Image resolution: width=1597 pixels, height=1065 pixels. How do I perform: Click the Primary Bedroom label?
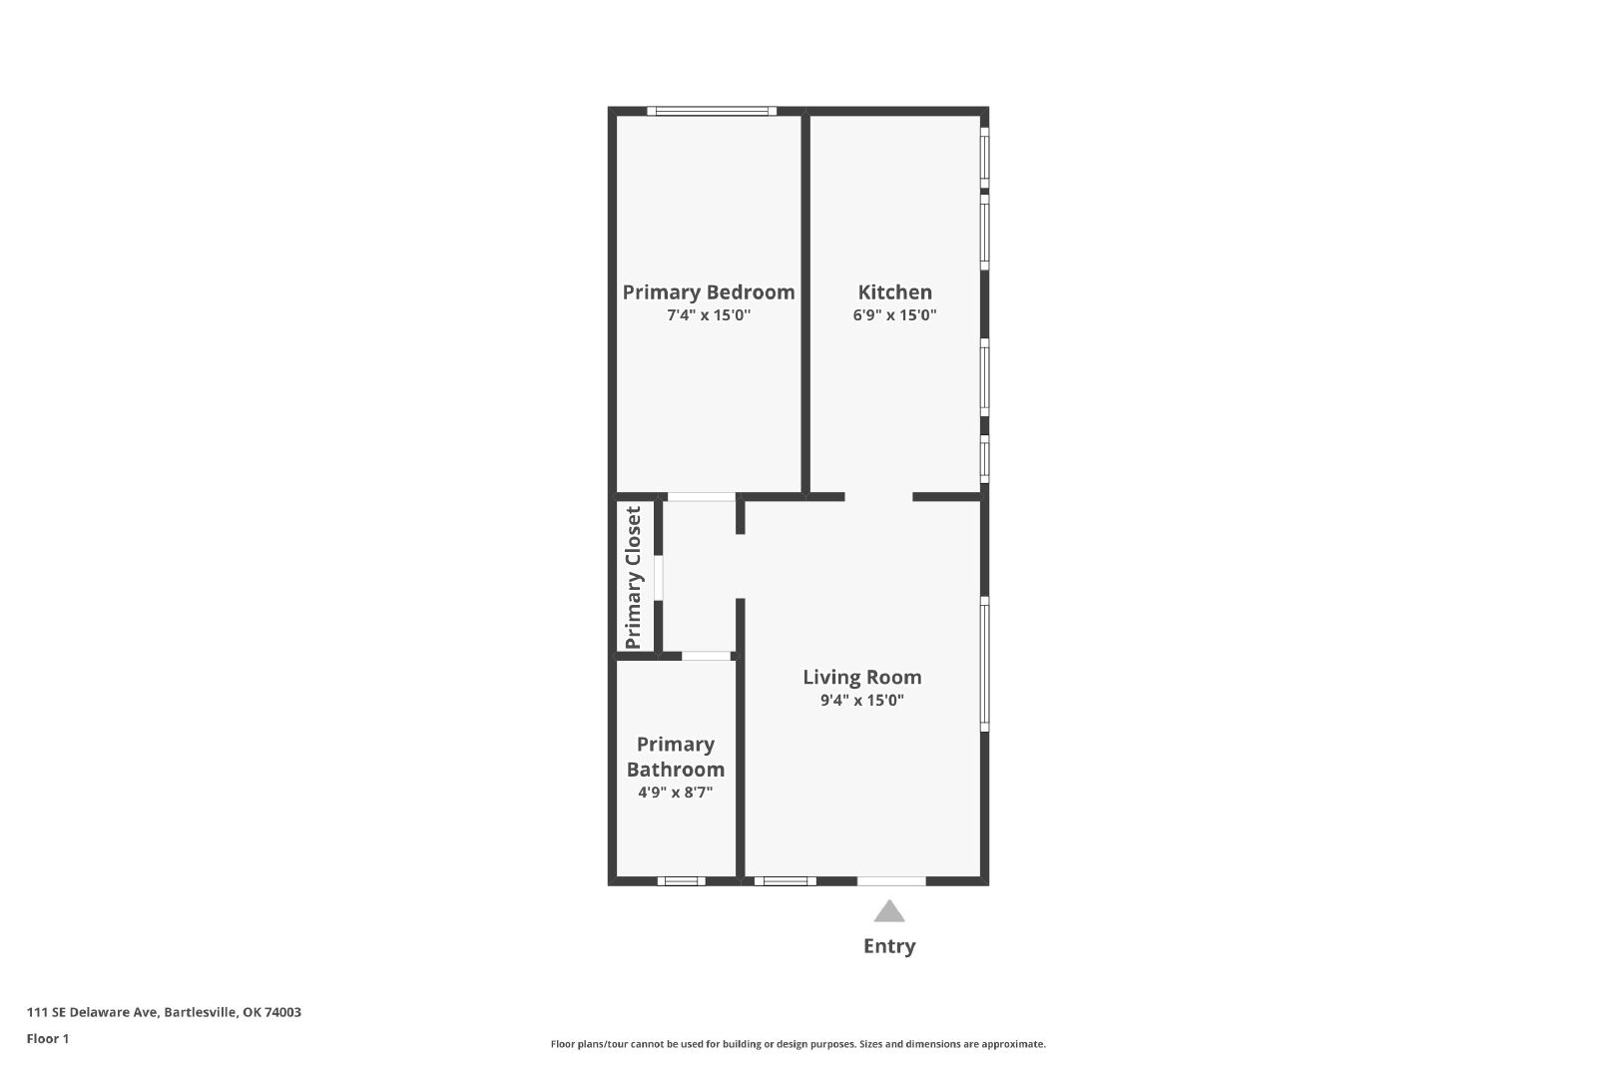point(708,292)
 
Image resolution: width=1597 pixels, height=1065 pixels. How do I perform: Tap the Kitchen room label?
point(894,292)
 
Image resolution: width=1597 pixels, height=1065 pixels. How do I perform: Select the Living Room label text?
point(862,677)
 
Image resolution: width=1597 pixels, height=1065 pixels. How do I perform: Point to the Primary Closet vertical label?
point(633,577)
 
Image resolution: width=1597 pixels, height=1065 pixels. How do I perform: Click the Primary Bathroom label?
point(675,757)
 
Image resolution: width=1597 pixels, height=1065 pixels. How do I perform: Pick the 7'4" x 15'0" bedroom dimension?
point(709,315)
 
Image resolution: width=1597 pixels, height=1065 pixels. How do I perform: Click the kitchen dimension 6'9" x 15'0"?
point(894,315)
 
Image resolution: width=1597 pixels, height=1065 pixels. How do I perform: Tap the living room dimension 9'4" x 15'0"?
point(862,700)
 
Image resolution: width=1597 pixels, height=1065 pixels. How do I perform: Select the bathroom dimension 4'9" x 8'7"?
point(675,792)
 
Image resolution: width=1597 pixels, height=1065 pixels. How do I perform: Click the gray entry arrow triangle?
point(889,911)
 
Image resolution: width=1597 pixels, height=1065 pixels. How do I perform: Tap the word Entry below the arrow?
point(889,946)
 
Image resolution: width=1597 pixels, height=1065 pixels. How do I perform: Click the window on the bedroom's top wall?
point(712,111)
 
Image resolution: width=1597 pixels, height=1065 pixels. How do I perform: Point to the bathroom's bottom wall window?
point(682,881)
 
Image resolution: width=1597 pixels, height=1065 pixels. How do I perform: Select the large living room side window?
point(984,664)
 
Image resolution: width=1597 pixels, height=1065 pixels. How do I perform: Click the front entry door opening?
point(891,881)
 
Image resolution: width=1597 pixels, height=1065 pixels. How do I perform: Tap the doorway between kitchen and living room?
point(879,497)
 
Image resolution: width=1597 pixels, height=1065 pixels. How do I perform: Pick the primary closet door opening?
point(659,577)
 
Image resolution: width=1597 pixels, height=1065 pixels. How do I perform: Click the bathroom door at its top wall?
point(707,656)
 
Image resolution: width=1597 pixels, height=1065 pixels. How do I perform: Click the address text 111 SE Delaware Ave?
point(92,1012)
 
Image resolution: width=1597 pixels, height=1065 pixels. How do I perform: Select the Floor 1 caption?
point(48,1039)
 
